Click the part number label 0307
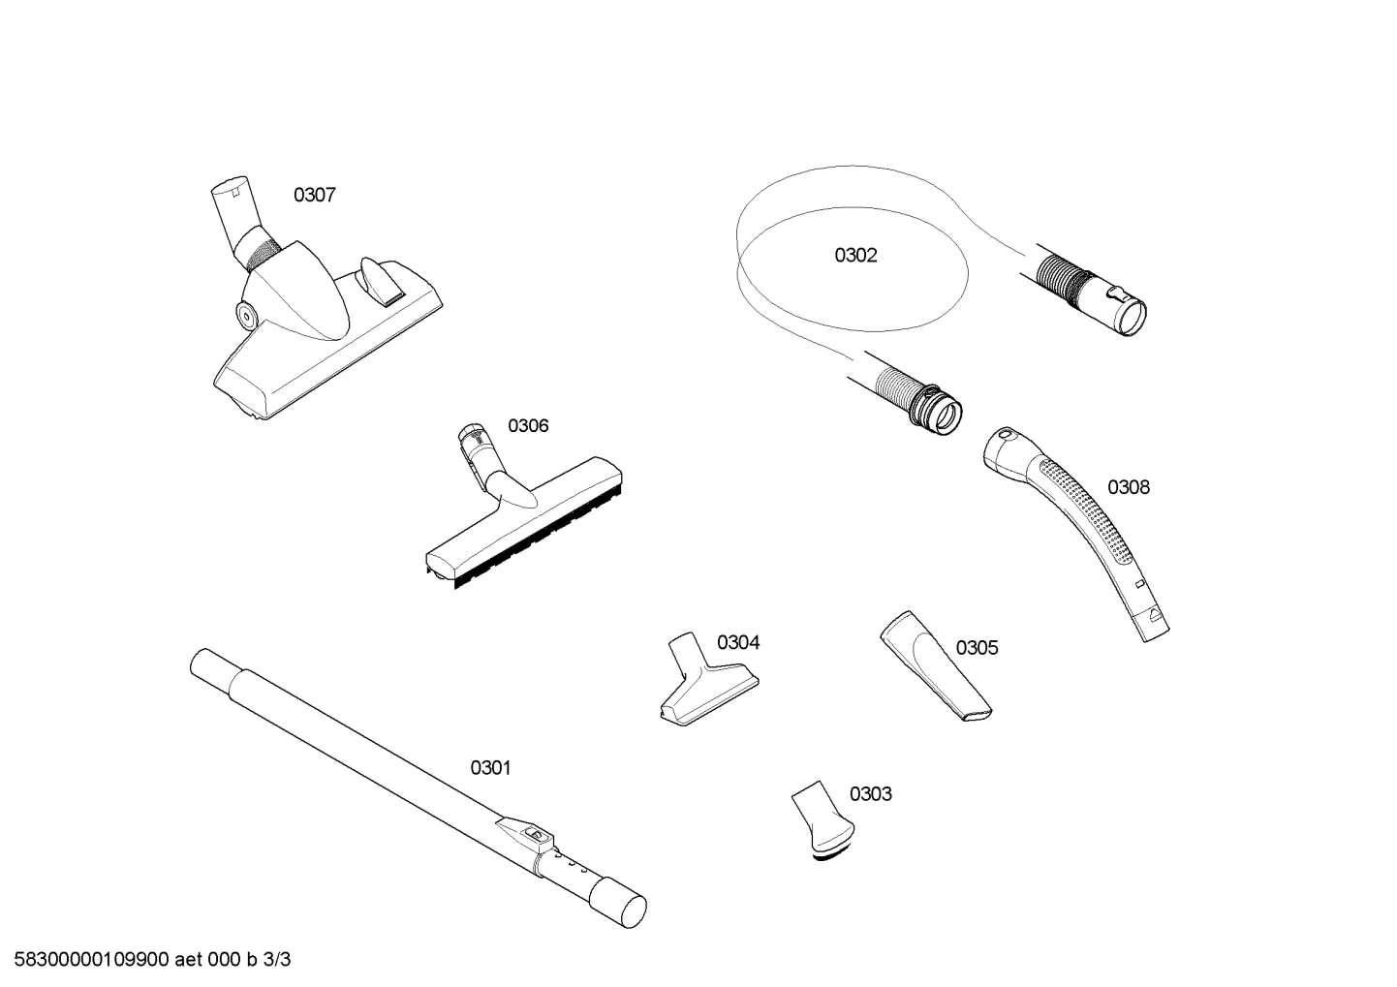315,196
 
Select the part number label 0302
855,256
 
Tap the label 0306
528,426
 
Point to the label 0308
1129,487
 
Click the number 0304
738,643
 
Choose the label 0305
977,648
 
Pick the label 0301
490,768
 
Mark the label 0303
870,794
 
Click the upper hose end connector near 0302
1114,299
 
